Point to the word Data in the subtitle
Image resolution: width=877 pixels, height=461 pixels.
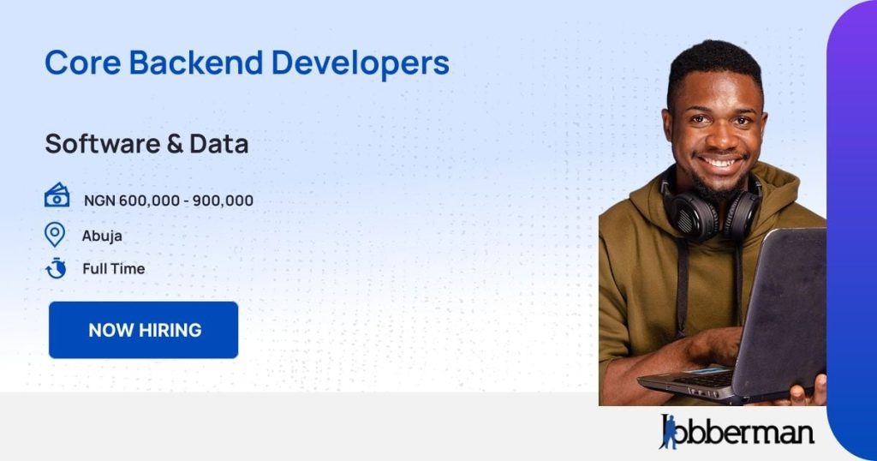pos(219,144)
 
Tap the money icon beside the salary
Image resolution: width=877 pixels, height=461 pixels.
pos(57,196)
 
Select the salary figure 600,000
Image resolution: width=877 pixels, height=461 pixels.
pos(151,201)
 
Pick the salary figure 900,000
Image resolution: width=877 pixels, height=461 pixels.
pos(223,201)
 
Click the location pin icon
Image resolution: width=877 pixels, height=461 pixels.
pos(55,234)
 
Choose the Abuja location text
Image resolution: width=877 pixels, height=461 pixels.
pos(102,236)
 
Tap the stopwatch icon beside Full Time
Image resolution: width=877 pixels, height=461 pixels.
pos(56,268)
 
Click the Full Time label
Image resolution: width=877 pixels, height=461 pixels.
pos(114,269)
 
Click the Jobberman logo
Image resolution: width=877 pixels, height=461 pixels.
pos(737,431)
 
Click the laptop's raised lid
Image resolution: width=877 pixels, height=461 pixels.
pos(779,308)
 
